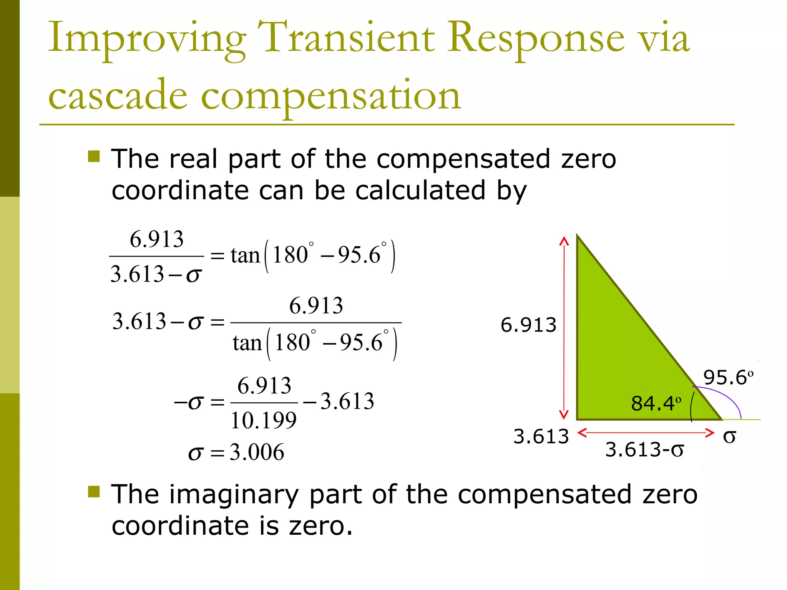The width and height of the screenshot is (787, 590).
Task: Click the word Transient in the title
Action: click(x=345, y=38)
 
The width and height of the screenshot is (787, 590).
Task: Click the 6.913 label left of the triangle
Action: click(x=528, y=325)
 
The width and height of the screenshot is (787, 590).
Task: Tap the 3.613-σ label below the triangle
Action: click(x=644, y=449)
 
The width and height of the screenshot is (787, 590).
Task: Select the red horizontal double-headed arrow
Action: click(x=646, y=433)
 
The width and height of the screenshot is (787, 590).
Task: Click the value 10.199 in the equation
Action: click(x=264, y=420)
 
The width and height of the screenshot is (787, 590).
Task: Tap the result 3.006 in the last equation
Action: click(x=257, y=452)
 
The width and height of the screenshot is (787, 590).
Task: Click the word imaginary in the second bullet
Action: click(x=234, y=494)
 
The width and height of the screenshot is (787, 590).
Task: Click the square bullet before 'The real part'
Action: click(x=94, y=156)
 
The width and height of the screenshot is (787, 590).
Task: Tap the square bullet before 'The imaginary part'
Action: click(x=94, y=492)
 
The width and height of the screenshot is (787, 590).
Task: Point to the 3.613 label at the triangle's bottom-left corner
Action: click(x=541, y=436)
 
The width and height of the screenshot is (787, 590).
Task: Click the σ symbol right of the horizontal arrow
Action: click(x=729, y=437)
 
